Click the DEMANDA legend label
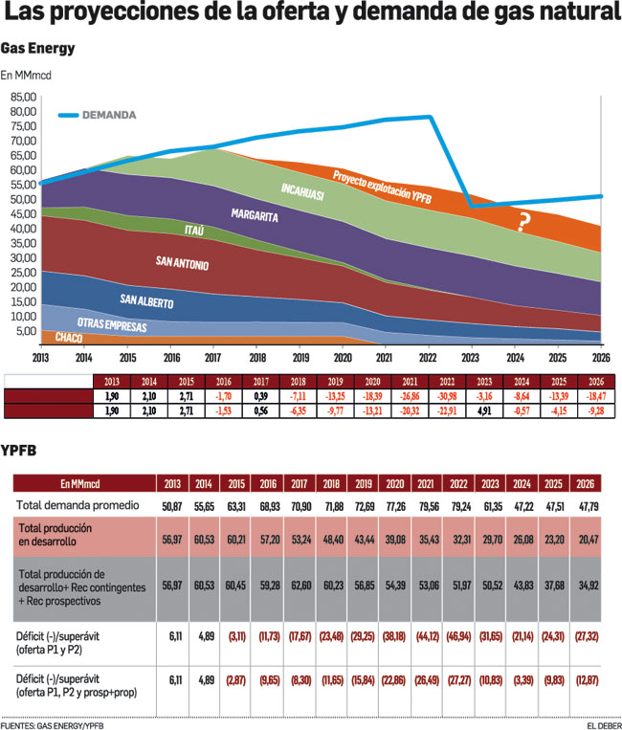pyautogui.click(x=108, y=115)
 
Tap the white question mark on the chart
pyautogui.click(x=523, y=222)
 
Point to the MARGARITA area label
pyautogui.click(x=255, y=217)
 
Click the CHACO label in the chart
pyautogui.click(x=68, y=338)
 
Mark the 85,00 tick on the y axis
pyautogui.click(x=23, y=97)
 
